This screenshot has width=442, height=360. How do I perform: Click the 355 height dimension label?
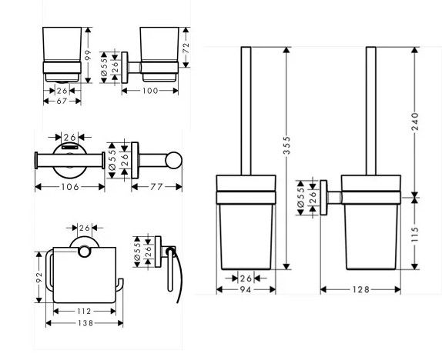[286, 145]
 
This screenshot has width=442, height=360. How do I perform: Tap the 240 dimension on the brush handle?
[414, 121]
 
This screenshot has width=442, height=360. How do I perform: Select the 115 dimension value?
[414, 235]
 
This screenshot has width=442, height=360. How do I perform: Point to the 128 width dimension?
[360, 289]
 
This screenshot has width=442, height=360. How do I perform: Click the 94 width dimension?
[246, 289]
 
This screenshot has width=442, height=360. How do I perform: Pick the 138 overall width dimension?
[84, 323]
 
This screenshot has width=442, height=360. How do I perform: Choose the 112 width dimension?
[84, 311]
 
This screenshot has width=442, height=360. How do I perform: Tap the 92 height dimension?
[39, 277]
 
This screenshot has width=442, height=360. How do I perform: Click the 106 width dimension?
[70, 186]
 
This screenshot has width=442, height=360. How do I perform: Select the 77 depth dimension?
[156, 186]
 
